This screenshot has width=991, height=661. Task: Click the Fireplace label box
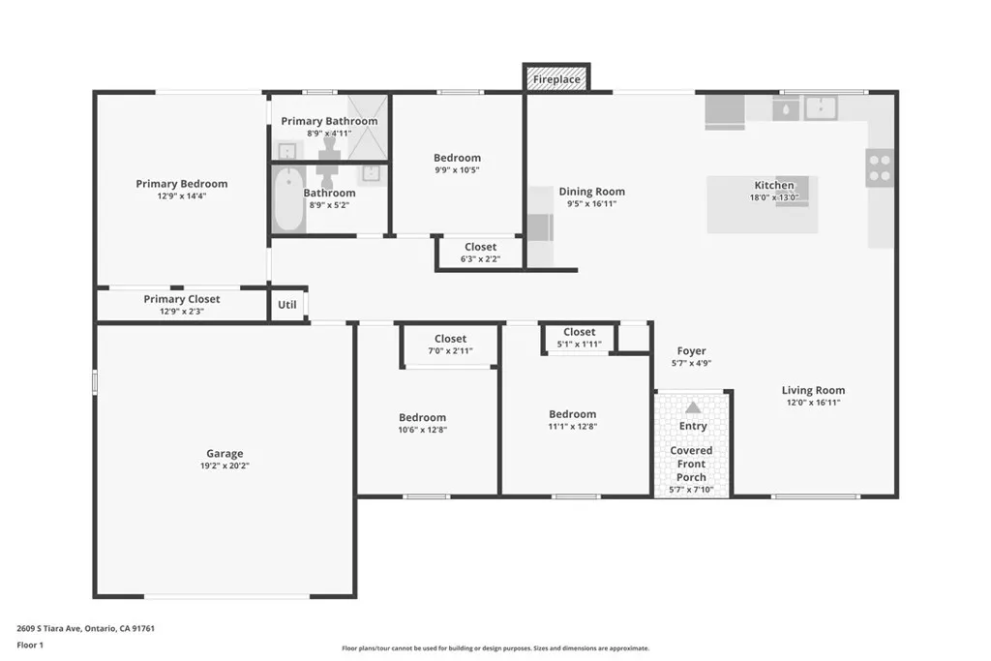556,78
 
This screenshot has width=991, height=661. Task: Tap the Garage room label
225,453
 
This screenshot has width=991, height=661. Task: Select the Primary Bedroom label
181,184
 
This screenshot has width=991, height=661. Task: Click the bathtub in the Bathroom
288,200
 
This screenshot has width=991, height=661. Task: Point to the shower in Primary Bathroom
368,126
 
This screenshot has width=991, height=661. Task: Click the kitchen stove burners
880,168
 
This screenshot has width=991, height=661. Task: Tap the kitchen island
762,204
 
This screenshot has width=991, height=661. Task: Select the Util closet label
287,304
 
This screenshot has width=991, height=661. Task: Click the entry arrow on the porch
693,407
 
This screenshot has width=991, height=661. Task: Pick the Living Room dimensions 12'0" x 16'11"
812,403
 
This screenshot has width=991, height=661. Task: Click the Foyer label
691,351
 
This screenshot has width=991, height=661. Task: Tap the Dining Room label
591,192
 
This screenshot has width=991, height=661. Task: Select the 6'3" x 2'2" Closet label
480,247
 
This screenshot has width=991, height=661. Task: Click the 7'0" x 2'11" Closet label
450,339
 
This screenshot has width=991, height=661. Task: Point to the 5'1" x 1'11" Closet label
579,332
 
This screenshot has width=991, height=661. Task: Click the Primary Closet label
181,299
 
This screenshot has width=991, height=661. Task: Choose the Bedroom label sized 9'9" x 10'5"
457,158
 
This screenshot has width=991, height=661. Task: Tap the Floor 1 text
31,645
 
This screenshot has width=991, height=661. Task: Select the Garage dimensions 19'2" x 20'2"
225,466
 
